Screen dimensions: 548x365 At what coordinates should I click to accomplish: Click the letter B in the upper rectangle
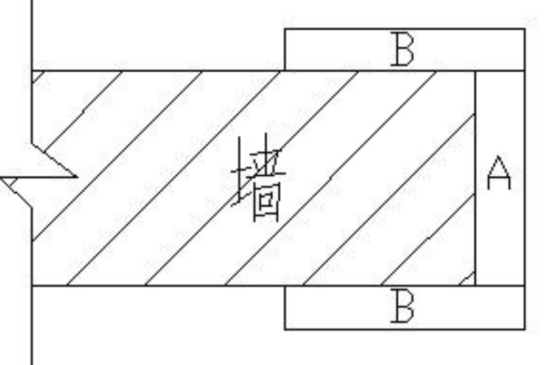402,50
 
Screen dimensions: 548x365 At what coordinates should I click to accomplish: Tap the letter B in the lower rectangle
402,308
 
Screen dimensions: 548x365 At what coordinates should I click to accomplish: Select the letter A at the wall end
499,173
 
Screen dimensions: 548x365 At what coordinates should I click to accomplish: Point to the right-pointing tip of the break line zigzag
77,177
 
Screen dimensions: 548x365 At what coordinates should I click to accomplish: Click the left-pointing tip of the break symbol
2,179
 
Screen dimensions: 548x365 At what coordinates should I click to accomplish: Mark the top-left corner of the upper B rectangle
285,29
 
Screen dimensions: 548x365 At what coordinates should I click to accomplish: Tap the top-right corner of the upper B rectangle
524,29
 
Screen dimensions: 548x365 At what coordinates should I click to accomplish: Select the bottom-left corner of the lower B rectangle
285,329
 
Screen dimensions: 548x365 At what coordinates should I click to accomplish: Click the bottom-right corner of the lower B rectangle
524,329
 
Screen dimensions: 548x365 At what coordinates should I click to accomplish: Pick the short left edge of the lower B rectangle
285,307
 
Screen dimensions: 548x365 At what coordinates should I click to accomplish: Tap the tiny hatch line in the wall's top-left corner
37,77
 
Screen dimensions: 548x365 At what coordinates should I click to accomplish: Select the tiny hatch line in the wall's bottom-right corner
467,279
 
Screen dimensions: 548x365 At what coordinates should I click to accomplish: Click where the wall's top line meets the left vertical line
32,71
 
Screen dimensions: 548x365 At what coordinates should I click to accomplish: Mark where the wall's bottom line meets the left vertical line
32,285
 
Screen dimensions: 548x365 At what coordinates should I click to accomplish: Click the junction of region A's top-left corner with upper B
475,71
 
